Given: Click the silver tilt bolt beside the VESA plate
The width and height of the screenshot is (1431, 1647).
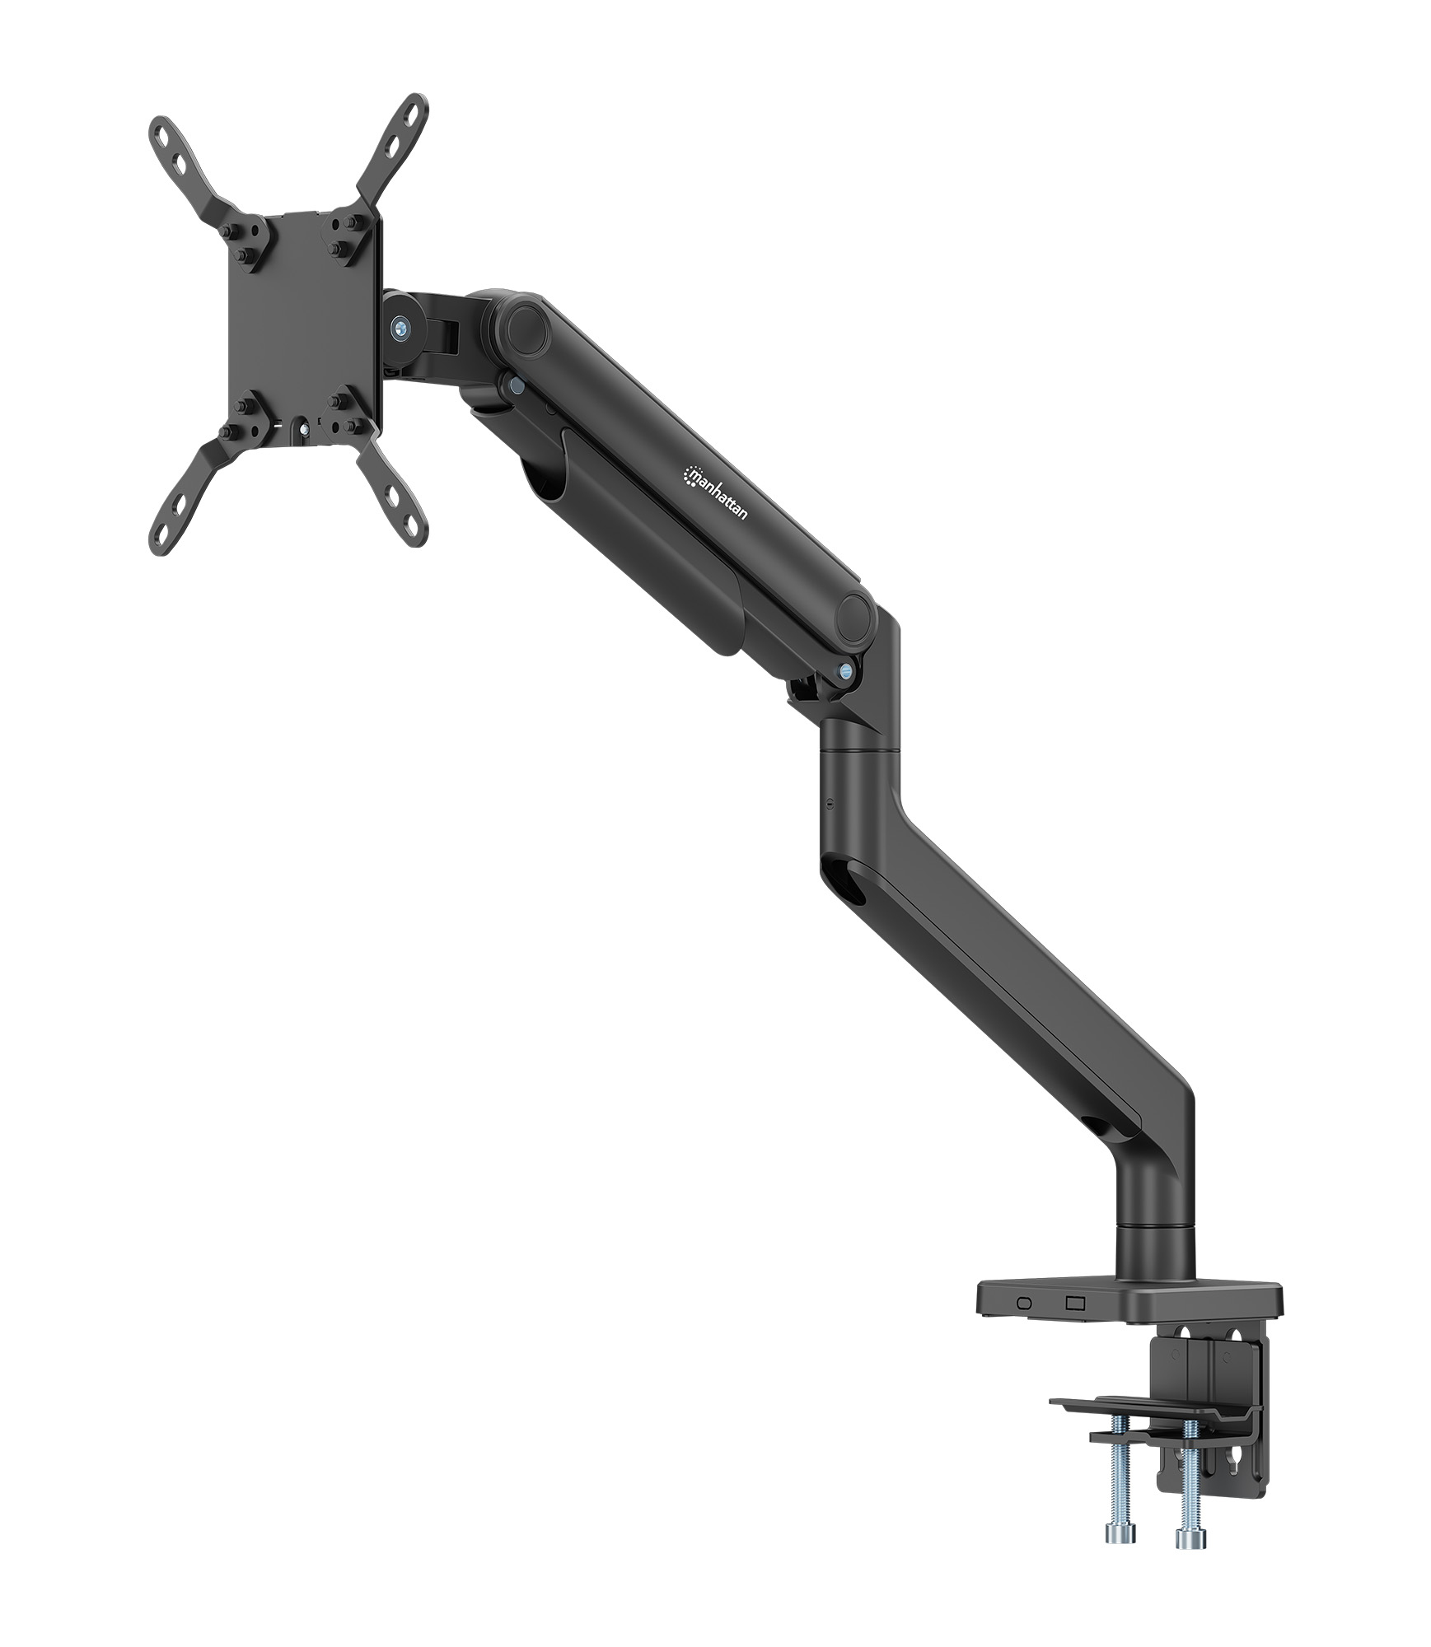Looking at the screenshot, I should tap(401, 327).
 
